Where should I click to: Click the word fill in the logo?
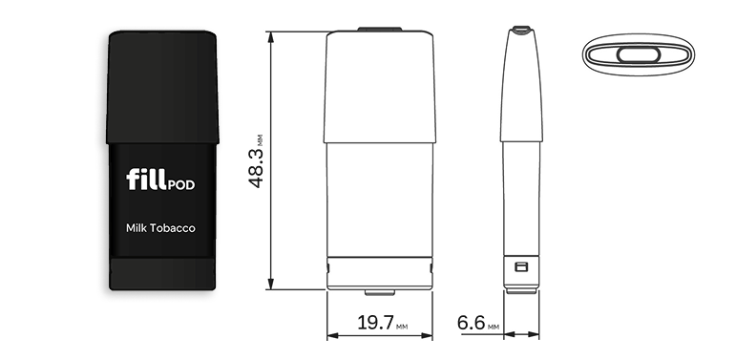[146, 180]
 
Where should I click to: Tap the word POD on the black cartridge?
[180, 185]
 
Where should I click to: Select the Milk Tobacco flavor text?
[160, 228]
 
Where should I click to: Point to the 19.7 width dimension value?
[375, 323]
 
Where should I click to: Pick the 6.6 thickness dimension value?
[471, 323]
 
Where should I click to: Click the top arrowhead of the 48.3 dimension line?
[271, 36]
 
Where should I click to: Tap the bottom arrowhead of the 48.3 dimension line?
[271, 284]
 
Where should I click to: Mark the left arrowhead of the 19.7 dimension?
[332, 335]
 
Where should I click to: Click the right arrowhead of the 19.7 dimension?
[427, 335]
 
